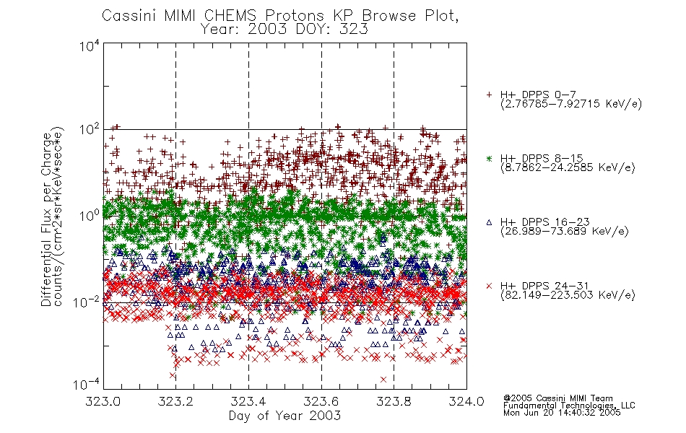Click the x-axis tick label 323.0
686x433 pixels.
coord(103,401)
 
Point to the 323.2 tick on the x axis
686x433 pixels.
coord(175,401)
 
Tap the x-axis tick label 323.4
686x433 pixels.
coord(248,401)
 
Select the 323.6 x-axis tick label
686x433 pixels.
coord(321,401)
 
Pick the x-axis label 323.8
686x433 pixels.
coord(394,401)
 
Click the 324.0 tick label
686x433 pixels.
coord(466,401)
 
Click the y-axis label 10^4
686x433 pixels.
coord(89,46)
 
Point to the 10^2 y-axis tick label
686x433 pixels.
coord(89,131)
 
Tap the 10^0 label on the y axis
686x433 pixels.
coord(89,216)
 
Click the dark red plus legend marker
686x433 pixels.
coord(489,95)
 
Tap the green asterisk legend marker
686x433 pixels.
coord(489,158)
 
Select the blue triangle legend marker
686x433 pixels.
coord(489,222)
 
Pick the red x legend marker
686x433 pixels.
coord(489,286)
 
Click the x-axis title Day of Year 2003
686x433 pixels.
coord(285,416)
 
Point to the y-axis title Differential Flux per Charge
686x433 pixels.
coord(46,219)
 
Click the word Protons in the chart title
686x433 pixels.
coord(294,16)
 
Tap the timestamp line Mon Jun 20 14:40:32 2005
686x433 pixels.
coord(562,413)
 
